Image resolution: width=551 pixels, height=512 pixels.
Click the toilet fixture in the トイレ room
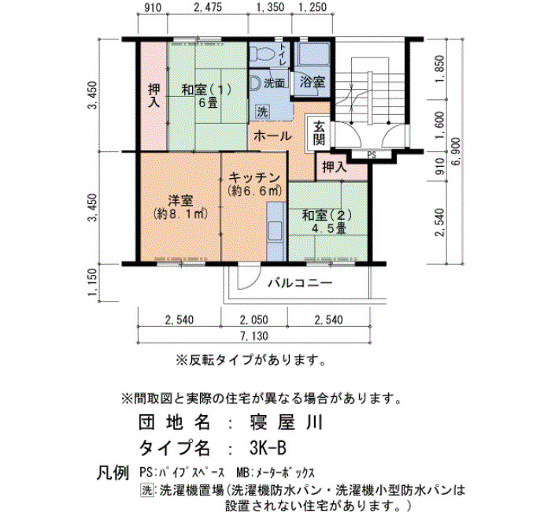click(x=262, y=54)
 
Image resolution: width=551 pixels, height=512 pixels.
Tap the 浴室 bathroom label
click(x=312, y=82)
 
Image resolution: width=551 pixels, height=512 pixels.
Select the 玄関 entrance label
click(x=319, y=133)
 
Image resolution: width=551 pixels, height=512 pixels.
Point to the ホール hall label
click(x=272, y=135)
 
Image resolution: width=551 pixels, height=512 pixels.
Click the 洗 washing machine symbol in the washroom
click(x=262, y=112)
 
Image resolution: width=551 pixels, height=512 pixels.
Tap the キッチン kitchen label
click(x=254, y=177)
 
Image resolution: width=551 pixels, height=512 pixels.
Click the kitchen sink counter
click(x=275, y=232)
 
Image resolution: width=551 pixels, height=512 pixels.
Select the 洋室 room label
click(x=180, y=201)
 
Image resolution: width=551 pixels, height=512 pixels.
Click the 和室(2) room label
click(x=327, y=215)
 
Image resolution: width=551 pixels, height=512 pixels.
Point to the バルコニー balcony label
click(x=301, y=283)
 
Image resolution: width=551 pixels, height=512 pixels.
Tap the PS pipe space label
click(x=372, y=155)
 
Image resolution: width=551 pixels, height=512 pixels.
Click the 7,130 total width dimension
click(x=254, y=336)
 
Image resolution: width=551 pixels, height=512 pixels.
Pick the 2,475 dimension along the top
click(x=208, y=7)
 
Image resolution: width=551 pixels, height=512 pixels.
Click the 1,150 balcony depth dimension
click(x=93, y=282)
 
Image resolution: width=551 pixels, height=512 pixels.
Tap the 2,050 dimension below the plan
click(x=254, y=320)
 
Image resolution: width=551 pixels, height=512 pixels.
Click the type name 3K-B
click(x=268, y=448)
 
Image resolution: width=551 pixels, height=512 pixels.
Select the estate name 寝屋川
click(x=286, y=422)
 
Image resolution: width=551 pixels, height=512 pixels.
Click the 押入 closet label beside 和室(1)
click(x=154, y=95)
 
